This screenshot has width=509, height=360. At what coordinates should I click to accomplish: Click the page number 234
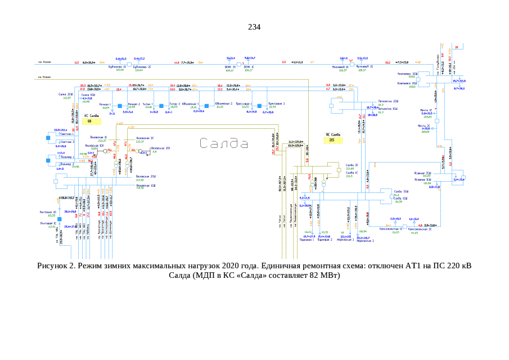254,27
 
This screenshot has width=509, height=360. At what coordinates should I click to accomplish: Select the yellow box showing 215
333,141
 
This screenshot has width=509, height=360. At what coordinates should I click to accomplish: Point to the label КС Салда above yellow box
91,115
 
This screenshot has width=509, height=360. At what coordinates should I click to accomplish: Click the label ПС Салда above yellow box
333,135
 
